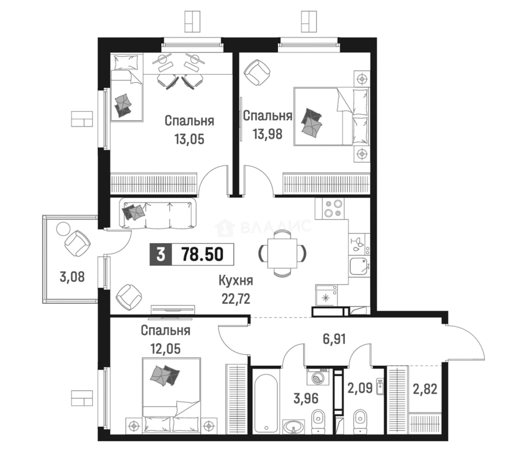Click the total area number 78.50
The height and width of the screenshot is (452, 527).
click(203, 254)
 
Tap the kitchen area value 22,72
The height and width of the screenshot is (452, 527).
click(236, 299)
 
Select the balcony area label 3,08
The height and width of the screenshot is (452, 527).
click(72, 277)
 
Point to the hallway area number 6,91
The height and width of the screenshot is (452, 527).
click(334, 339)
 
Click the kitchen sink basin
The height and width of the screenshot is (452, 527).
click(358, 266)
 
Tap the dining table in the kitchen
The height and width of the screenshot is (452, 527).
click(282, 253)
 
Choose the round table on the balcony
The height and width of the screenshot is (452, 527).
click(63, 229)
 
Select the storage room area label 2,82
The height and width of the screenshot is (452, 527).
click(425, 389)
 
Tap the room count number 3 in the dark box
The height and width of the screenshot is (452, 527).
click(161, 254)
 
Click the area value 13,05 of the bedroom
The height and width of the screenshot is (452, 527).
click(190, 139)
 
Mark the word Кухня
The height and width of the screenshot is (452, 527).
click(236, 281)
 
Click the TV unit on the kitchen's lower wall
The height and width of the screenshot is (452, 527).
click(173, 309)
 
